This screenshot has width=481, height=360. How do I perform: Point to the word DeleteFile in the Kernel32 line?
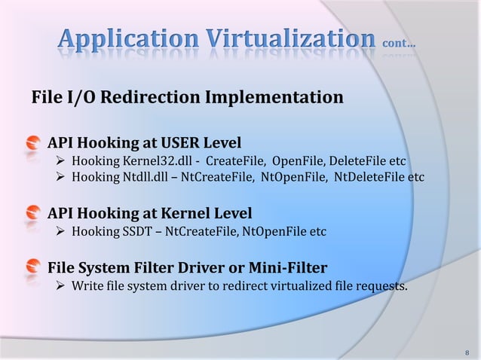354,160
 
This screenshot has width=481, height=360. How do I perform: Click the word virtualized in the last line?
305,285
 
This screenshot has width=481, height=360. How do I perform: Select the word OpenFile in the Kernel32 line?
296,160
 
